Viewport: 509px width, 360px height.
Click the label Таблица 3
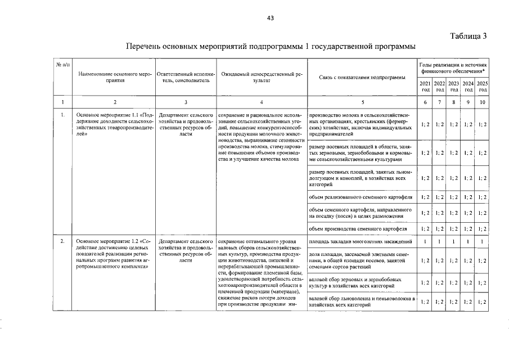click(x=468, y=37)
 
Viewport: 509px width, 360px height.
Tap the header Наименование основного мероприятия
click(x=115, y=77)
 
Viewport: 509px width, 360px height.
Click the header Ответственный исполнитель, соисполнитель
click(x=186, y=77)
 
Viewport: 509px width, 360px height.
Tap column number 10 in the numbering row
click(x=482, y=102)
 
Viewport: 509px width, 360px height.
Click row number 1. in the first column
click(x=62, y=114)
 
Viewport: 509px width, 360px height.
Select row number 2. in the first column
click(x=62, y=241)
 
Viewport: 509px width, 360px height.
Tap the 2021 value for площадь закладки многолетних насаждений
click(x=425, y=241)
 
